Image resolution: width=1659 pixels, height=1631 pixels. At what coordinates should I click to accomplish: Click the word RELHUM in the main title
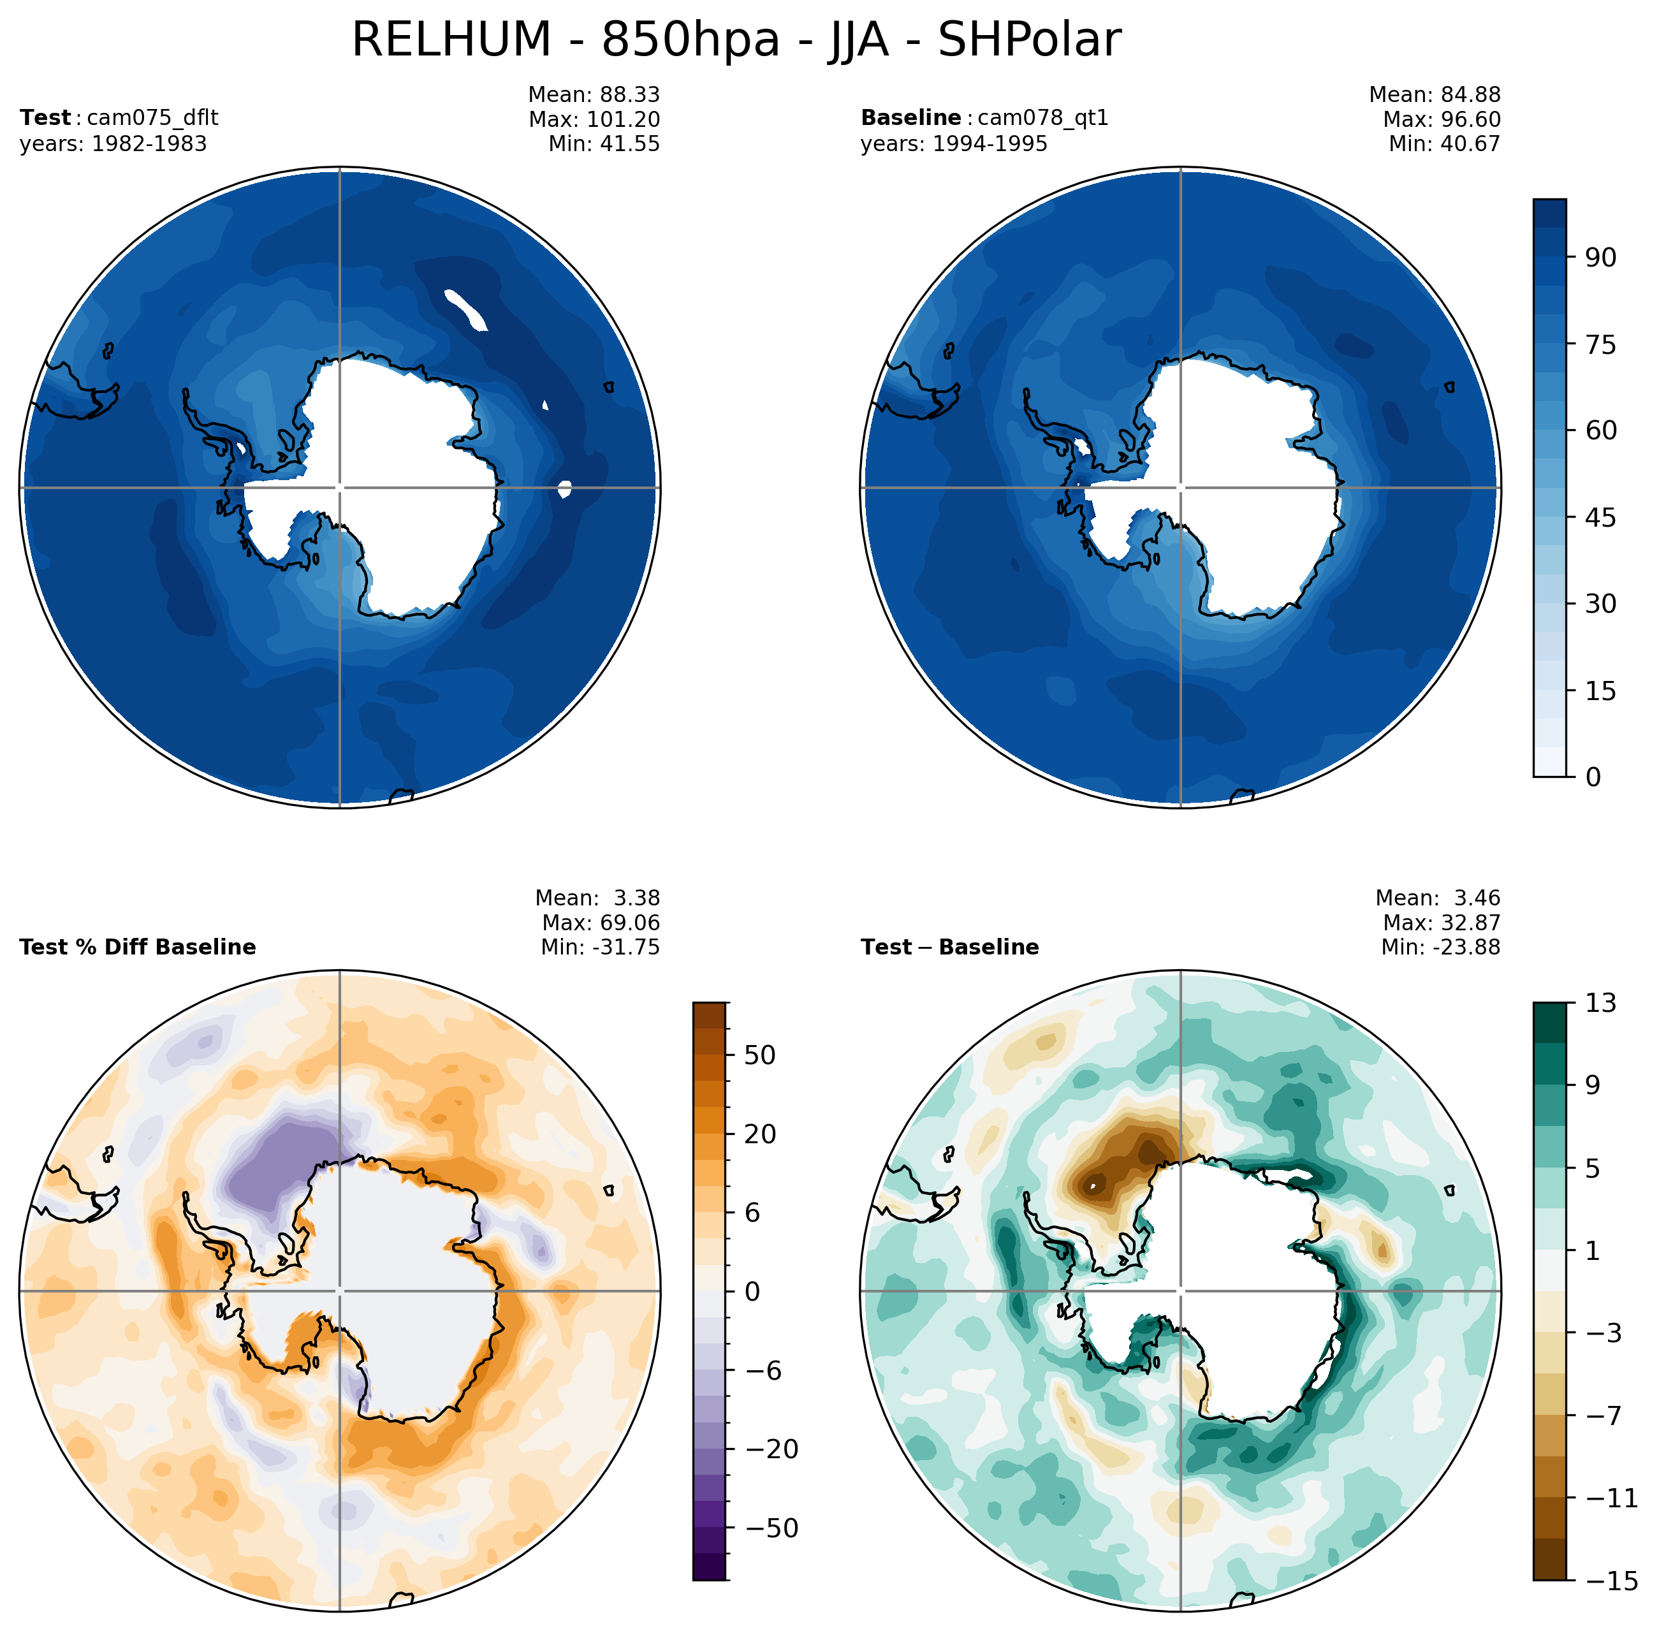click(x=451, y=40)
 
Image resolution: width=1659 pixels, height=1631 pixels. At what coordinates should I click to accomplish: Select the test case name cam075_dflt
click(x=152, y=117)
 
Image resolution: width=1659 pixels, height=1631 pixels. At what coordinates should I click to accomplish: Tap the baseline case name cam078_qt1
click(x=1042, y=117)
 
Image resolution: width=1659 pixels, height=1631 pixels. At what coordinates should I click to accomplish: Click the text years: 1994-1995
click(x=953, y=144)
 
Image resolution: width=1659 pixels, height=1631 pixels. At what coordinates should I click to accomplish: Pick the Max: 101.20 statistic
click(x=594, y=119)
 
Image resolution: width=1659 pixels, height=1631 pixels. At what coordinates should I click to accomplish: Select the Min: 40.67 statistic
click(x=1444, y=144)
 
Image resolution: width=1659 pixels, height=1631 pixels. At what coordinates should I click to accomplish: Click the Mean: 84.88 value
click(x=1435, y=94)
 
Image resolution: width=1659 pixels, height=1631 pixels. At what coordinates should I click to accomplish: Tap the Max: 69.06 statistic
click(x=601, y=923)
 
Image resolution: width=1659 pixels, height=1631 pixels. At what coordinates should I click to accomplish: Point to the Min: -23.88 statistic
click(x=1440, y=947)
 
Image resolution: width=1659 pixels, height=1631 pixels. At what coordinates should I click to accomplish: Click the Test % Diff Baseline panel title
click(x=137, y=947)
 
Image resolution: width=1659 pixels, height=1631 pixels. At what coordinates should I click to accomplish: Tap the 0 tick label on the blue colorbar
click(x=1592, y=777)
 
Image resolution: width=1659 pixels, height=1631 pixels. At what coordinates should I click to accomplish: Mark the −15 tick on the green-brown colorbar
click(x=1610, y=1581)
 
